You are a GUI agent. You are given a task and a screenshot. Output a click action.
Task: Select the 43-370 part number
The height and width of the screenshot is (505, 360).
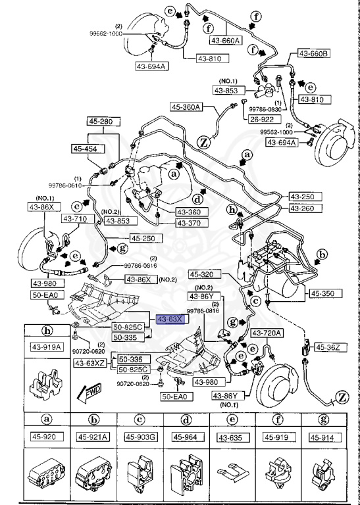pyautogui.click(x=190, y=224)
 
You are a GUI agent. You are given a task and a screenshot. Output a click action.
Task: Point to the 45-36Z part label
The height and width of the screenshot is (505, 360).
pyautogui.click(x=327, y=347)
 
